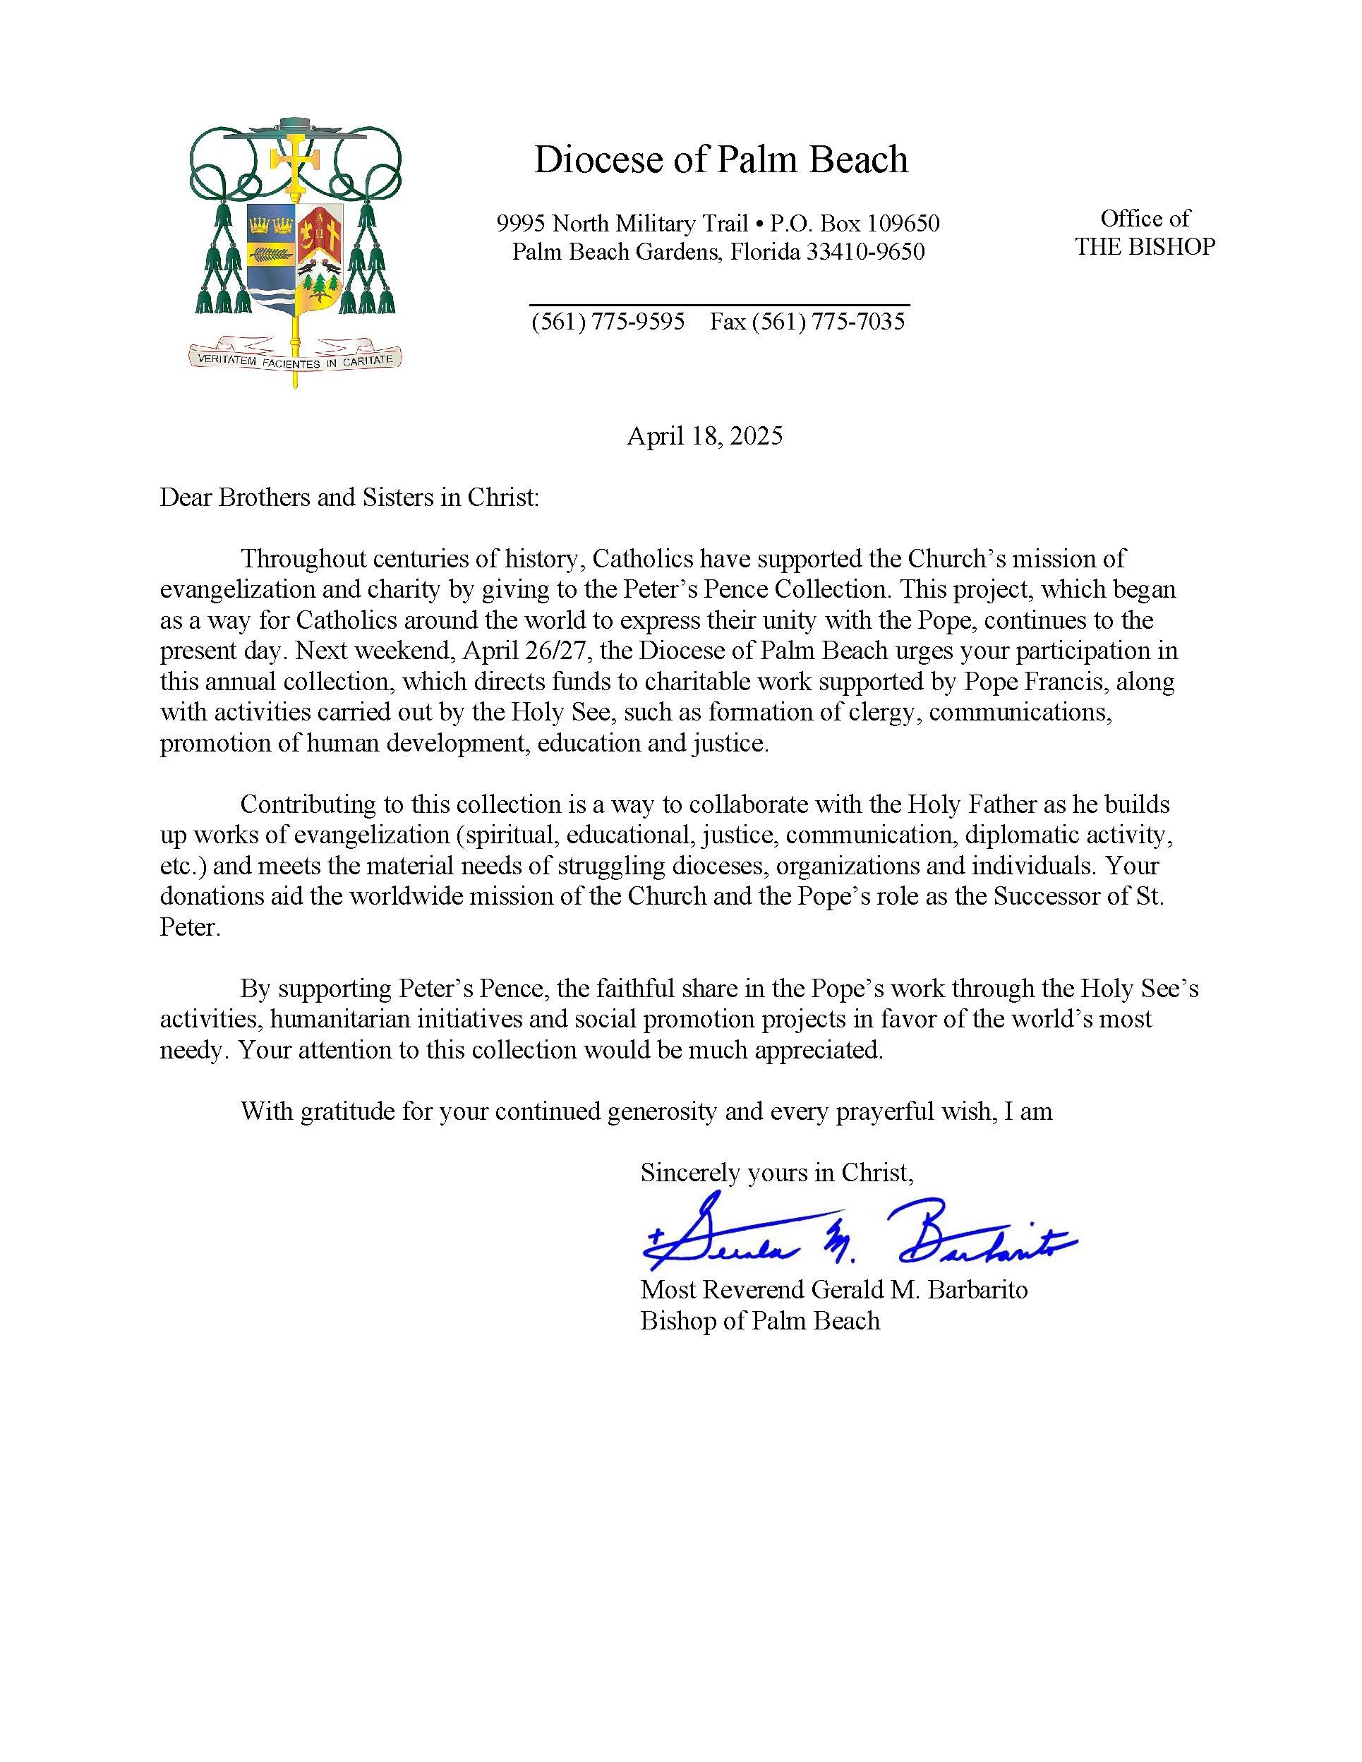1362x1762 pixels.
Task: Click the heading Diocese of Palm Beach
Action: click(x=721, y=159)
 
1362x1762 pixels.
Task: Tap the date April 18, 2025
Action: click(x=704, y=437)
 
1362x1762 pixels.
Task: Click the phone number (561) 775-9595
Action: click(x=608, y=322)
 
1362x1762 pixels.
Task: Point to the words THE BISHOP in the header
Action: click(x=1144, y=247)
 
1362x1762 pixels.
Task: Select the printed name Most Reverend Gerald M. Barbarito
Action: click(x=833, y=1289)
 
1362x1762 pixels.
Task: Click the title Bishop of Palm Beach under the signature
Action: click(x=759, y=1321)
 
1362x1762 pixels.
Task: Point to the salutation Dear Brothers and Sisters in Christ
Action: click(x=349, y=497)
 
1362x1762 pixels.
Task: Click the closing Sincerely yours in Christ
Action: click(x=776, y=1172)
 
